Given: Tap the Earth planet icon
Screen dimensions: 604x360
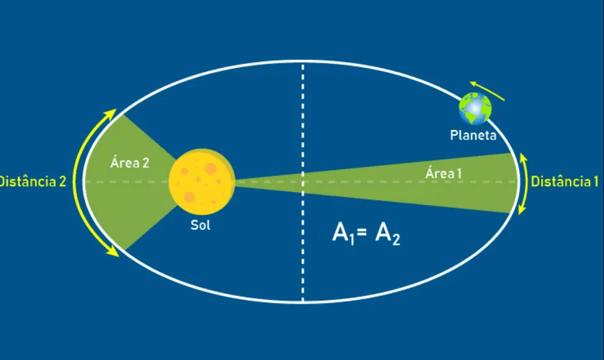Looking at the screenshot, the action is pyautogui.click(x=475, y=108).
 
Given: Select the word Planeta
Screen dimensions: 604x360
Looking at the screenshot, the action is pyautogui.click(x=473, y=136).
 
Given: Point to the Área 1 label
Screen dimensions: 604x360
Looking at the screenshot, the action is pyautogui.click(x=444, y=174).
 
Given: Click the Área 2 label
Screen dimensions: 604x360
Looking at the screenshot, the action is pyautogui.click(x=129, y=163).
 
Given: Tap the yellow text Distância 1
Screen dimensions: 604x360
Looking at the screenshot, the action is pyautogui.click(x=564, y=182).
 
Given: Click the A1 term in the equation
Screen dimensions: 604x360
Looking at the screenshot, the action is pyautogui.click(x=343, y=234).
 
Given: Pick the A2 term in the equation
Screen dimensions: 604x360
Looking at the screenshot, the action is pyautogui.click(x=388, y=234).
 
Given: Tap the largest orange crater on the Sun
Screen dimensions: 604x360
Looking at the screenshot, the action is pyautogui.click(x=210, y=169).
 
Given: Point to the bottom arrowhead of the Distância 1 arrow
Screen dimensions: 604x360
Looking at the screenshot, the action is pyautogui.click(x=522, y=210).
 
